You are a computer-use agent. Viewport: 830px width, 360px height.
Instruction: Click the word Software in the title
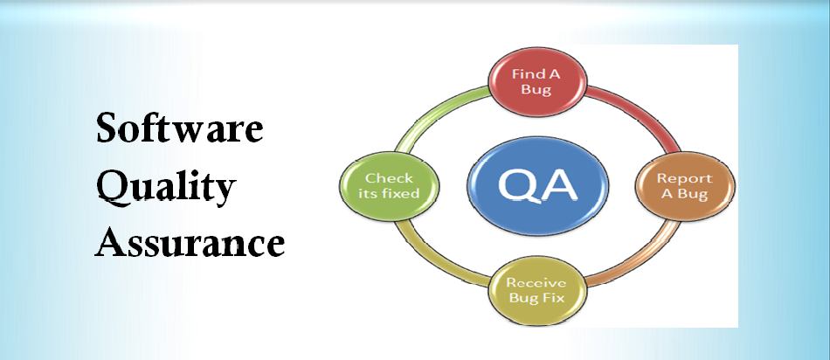[x=179, y=127]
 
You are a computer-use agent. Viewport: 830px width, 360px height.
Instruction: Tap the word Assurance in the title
[x=190, y=242]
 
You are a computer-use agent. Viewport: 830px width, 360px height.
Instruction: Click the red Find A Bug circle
[x=536, y=83]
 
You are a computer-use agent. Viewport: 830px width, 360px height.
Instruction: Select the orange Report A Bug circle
[x=684, y=186]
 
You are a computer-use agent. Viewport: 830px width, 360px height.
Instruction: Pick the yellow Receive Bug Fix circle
[x=536, y=291]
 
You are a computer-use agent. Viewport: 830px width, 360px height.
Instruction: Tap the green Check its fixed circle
[x=389, y=186]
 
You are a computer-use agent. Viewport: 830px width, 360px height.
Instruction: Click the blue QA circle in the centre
[x=537, y=186]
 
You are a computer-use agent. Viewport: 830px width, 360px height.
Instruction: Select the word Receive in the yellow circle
[x=536, y=283]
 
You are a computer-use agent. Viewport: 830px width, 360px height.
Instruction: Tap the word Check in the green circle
[x=389, y=178]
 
